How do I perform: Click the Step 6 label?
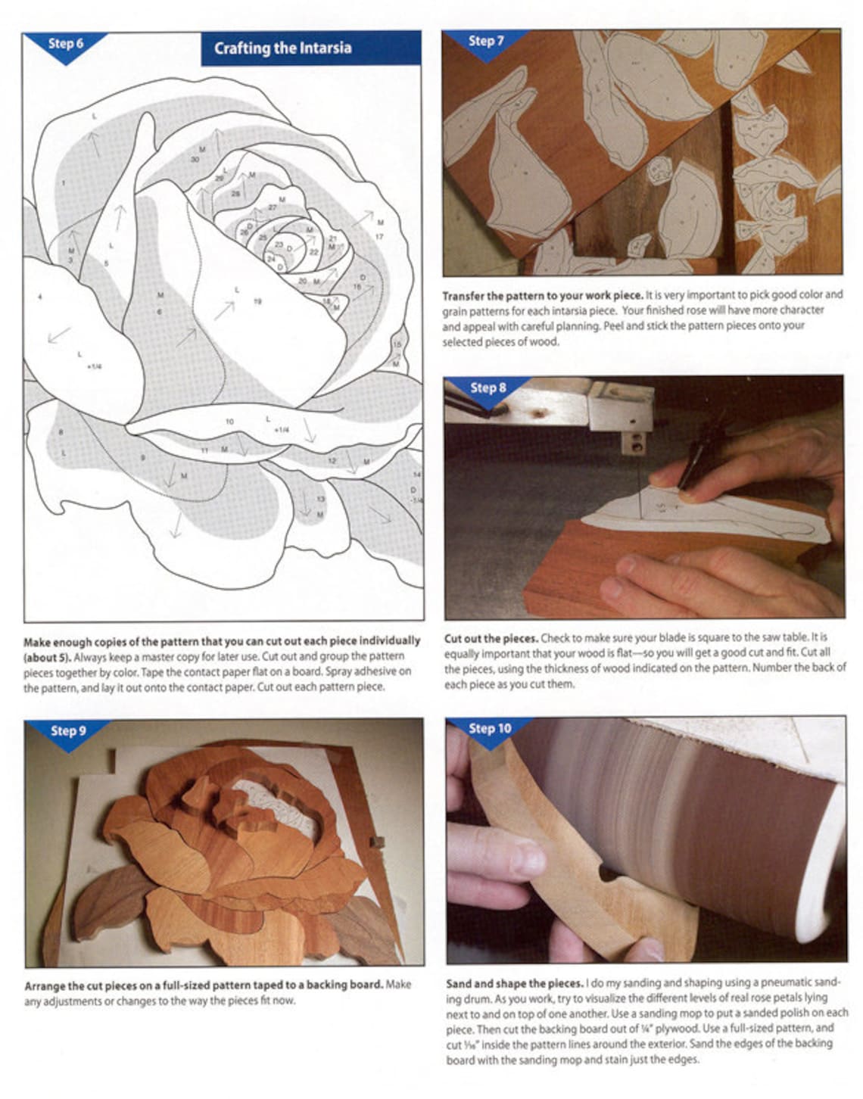65,44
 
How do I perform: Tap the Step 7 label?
485,41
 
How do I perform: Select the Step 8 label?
488,388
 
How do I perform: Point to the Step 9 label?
68,730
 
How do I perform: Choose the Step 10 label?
490,729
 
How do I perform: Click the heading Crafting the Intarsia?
282,48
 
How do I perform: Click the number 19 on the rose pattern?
257,301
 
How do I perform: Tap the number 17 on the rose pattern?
379,237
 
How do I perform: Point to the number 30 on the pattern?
195,160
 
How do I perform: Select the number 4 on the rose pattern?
40,297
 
